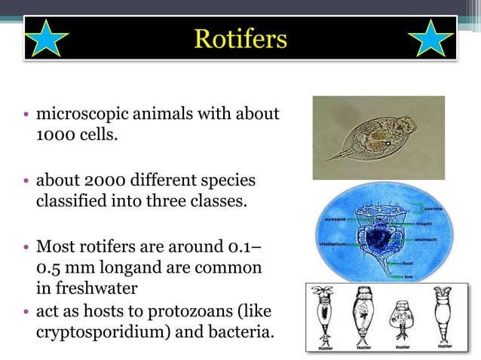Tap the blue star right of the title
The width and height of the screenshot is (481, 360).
point(434,38)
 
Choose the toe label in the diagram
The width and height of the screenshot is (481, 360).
point(408,276)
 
